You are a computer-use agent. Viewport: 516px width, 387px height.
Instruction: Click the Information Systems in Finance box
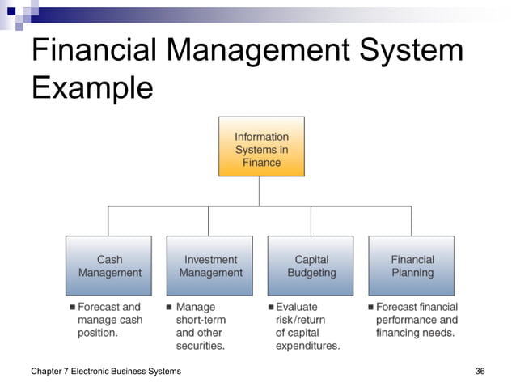(x=261, y=147)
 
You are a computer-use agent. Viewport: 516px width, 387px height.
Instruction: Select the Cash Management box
(x=109, y=266)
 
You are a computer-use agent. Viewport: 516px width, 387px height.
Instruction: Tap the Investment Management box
(x=210, y=266)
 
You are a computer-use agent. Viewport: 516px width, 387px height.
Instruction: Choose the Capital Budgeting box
(x=311, y=266)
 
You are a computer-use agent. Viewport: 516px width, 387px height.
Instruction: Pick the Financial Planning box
(x=412, y=266)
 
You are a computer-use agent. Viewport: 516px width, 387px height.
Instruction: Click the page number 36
(x=480, y=371)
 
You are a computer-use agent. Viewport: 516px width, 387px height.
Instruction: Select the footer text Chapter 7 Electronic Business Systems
(x=105, y=371)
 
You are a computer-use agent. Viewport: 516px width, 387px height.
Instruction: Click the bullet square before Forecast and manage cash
(x=72, y=308)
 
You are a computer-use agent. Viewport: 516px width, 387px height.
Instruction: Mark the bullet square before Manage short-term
(x=169, y=308)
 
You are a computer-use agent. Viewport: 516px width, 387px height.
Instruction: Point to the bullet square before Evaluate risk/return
(x=271, y=308)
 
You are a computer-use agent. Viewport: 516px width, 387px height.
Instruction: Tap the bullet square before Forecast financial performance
(x=370, y=308)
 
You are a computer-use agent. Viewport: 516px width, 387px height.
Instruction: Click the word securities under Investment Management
(x=200, y=346)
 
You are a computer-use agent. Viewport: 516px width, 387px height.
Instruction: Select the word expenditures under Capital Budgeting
(x=307, y=346)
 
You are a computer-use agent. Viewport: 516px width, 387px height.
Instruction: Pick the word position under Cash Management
(x=98, y=333)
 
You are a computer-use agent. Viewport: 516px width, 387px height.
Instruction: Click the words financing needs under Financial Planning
(x=415, y=333)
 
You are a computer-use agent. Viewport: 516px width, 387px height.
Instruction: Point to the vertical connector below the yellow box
(x=260, y=191)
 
